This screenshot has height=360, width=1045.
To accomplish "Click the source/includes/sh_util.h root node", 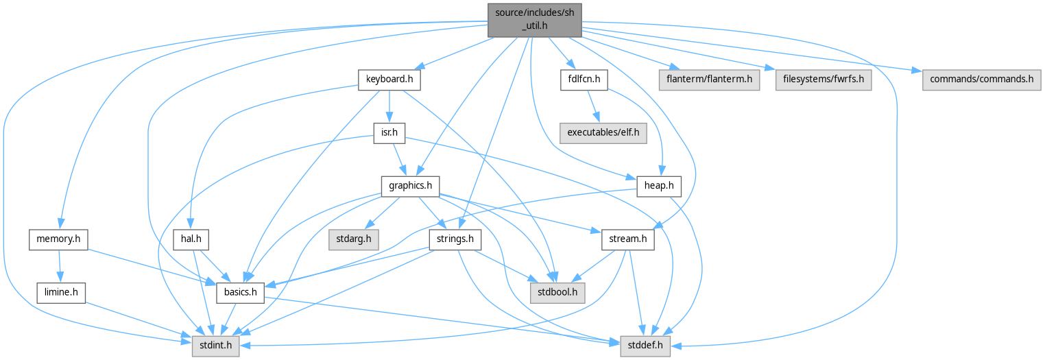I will tap(535, 19).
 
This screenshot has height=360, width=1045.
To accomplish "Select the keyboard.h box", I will tap(389, 80).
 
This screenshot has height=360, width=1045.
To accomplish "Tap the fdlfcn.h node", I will tap(579, 80).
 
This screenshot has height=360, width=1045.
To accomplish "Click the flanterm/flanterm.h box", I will tap(709, 80).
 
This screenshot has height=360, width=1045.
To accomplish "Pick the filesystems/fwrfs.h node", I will tap(824, 80).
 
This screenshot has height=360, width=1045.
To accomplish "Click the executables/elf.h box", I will tap(603, 132).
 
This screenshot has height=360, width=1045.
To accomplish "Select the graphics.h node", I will tap(410, 185).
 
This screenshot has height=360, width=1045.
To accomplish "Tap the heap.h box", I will tap(659, 185).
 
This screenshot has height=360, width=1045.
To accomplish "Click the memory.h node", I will tap(58, 239).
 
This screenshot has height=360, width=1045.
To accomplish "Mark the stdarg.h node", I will tap(353, 239).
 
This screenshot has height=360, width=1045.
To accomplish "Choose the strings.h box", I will tap(454, 239).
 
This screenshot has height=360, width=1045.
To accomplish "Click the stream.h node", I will tap(627, 239).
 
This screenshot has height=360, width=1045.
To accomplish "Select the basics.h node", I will tap(240, 293).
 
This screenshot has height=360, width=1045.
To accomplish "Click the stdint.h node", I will tap(215, 346).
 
